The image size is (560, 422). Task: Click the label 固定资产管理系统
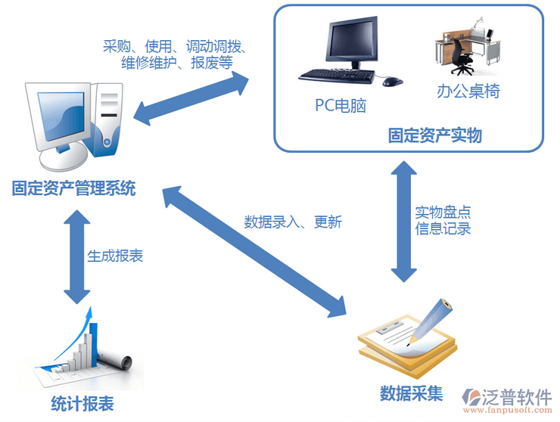pos(73,188)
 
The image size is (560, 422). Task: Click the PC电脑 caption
pos(341,105)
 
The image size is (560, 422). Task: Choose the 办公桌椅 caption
pos(468,92)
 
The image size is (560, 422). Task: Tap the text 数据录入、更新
pos(293,222)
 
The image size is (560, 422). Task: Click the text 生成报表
pos(115,256)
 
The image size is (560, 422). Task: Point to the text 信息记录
pos(443,228)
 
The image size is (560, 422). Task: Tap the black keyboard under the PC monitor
pos(338,76)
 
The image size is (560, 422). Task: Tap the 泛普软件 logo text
pos(521,396)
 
